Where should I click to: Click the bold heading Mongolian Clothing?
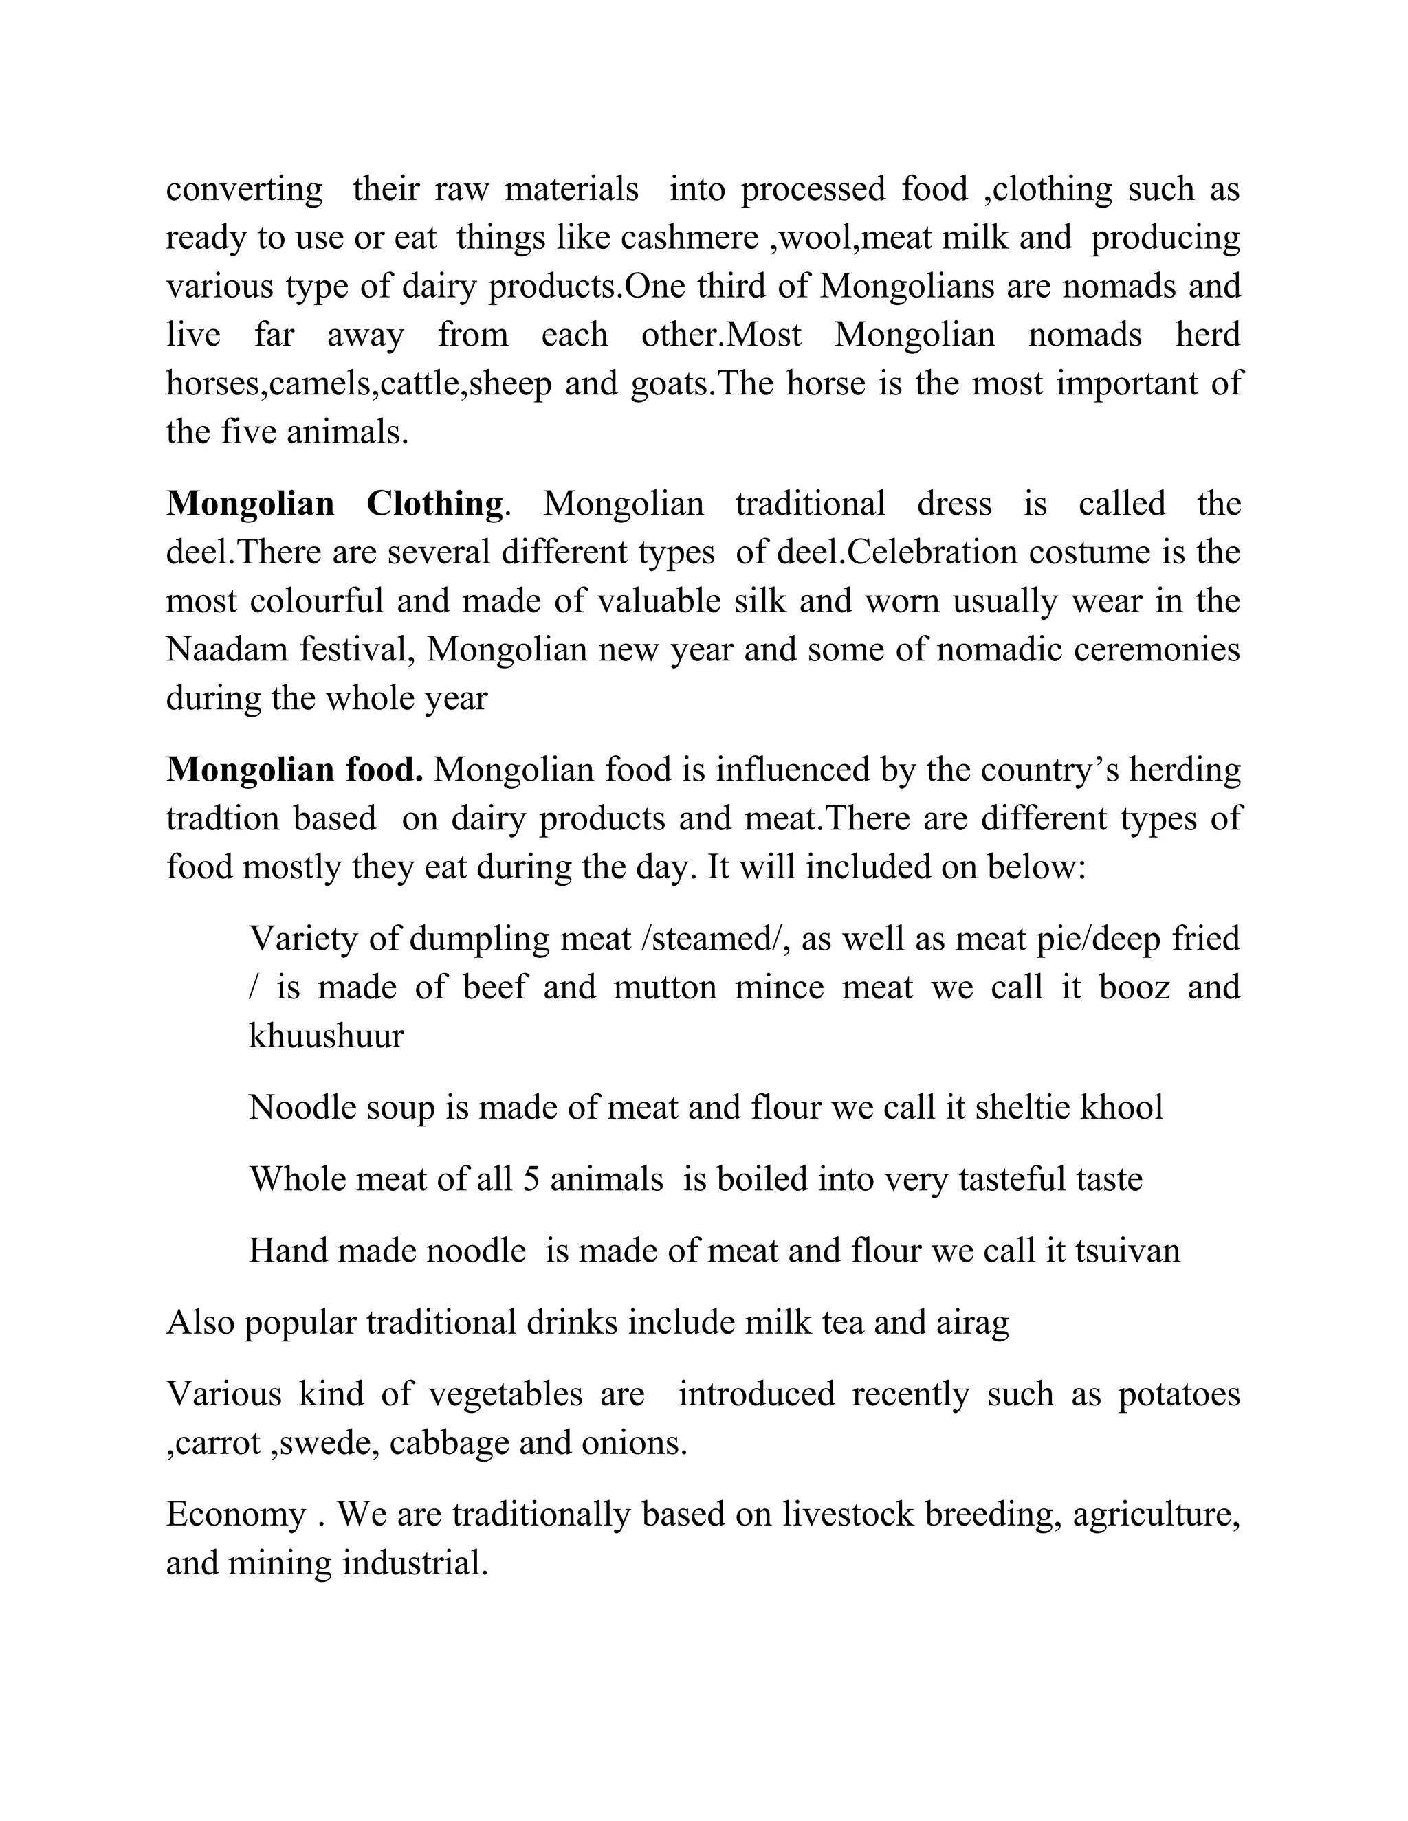(335, 504)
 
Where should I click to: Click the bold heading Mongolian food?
(294, 770)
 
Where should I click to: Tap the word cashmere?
(689, 238)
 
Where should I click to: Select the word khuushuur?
(326, 1036)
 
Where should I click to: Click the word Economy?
(236, 1514)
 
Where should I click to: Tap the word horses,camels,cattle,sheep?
(359, 384)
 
